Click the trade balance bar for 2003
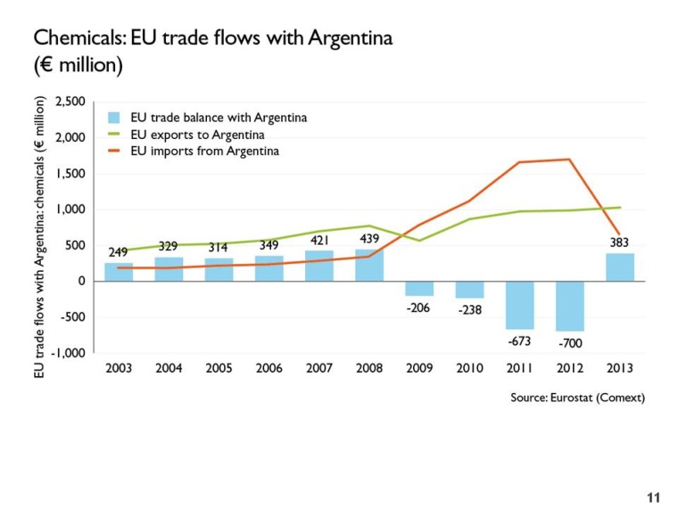[119, 272]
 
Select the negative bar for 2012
[569, 306]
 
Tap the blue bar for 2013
[620, 267]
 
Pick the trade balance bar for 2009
[419, 288]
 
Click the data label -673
[519, 340]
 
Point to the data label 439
[369, 239]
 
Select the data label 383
[620, 242]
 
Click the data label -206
[419, 307]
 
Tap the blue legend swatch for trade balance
[113, 119]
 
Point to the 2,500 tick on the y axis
[70, 102]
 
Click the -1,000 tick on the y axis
[70, 353]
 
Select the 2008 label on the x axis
[369, 368]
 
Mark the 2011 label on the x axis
[519, 368]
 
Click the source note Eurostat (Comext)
[577, 397]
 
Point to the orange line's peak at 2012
[568, 160]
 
